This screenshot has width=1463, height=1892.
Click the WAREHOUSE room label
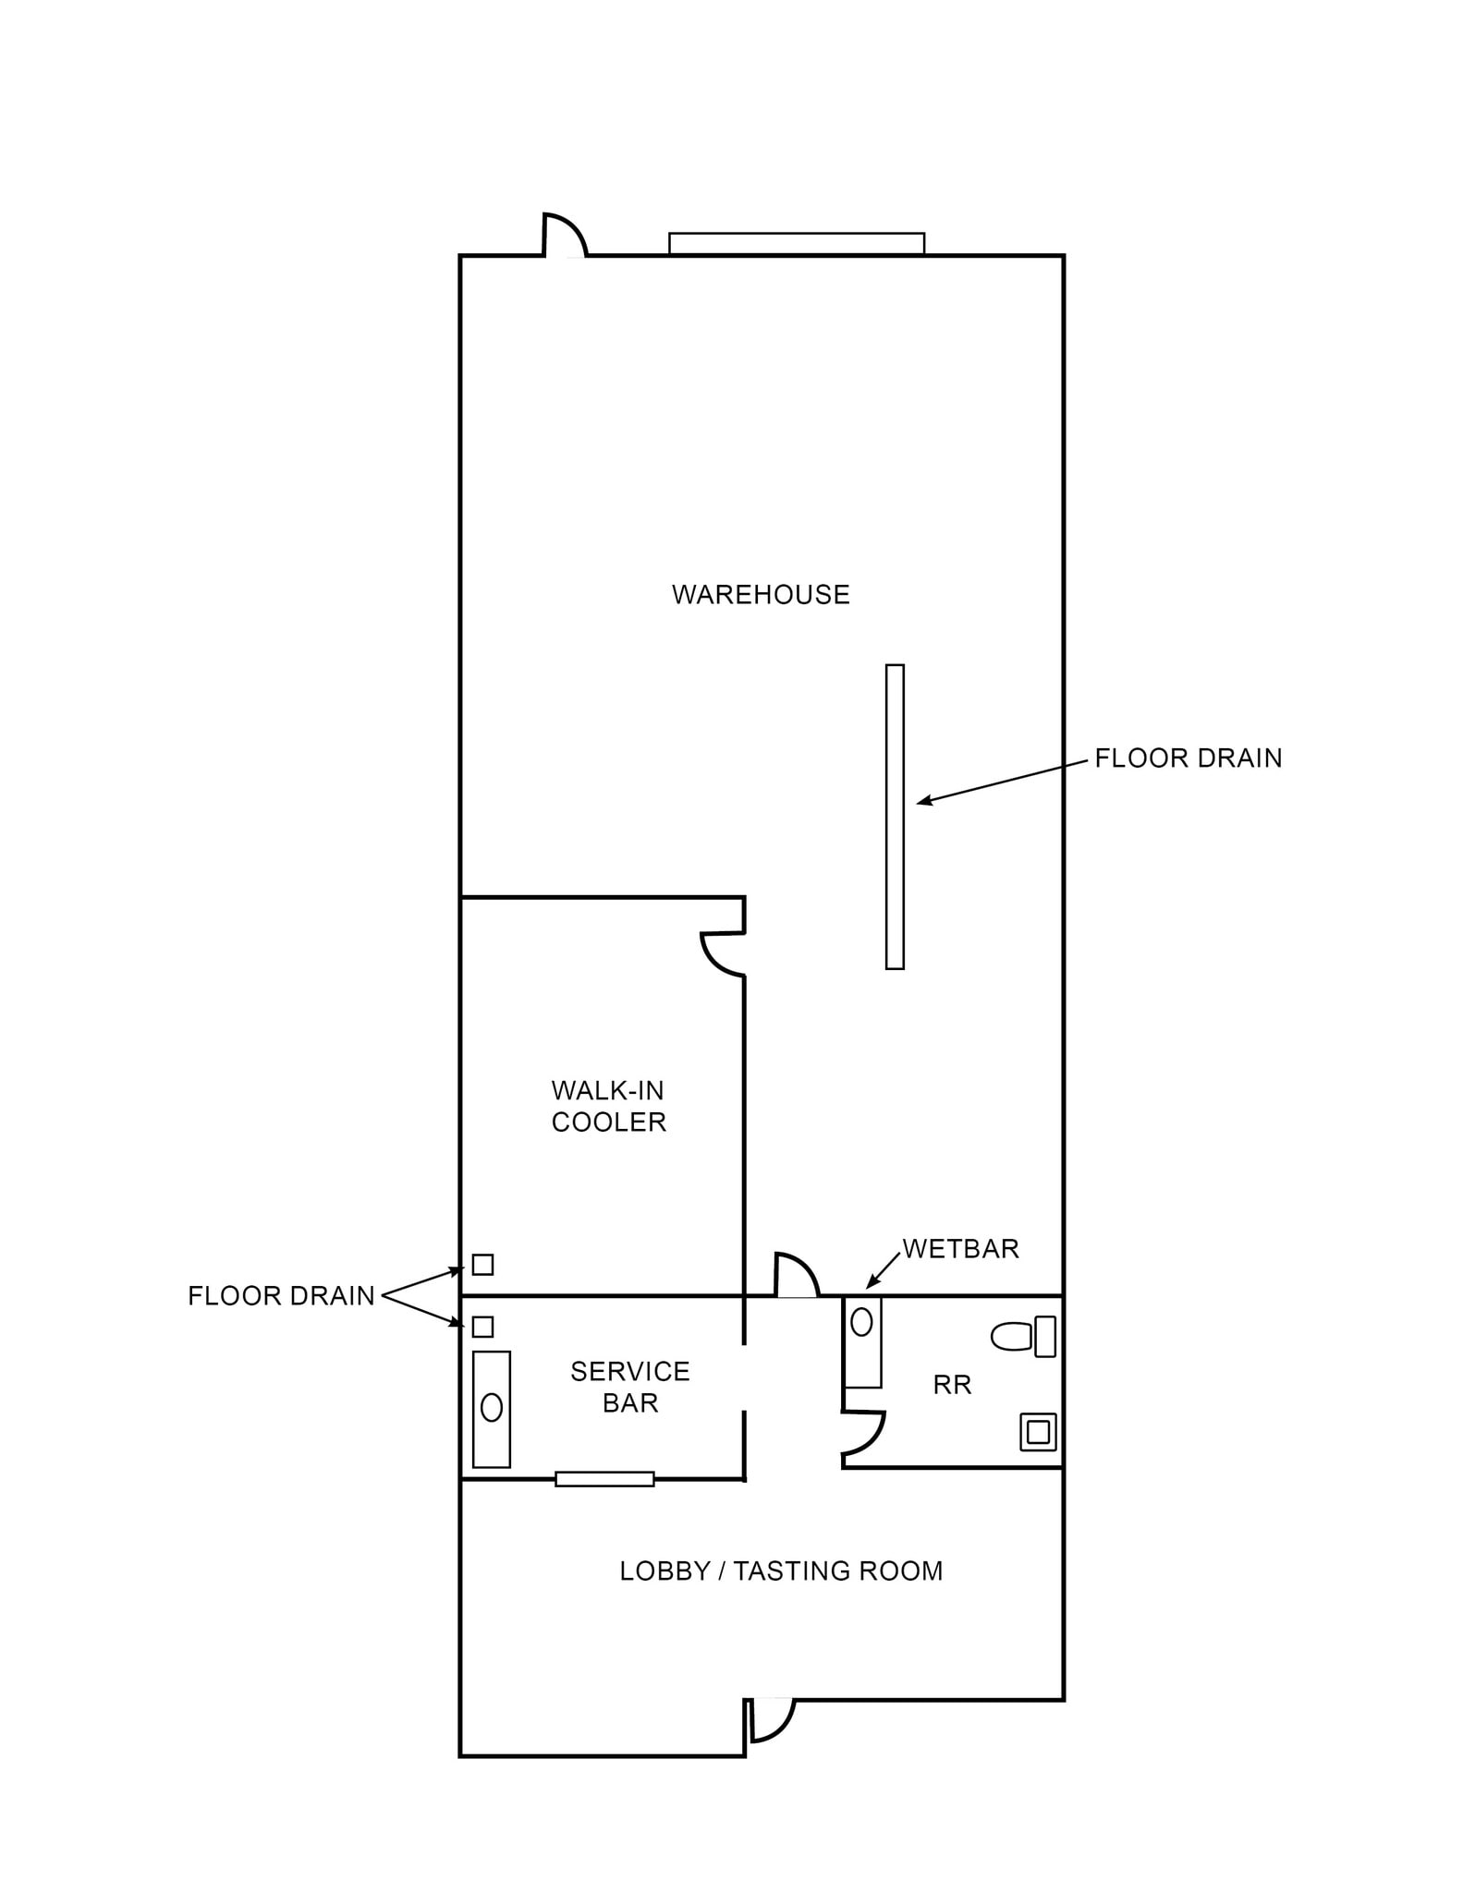coord(760,594)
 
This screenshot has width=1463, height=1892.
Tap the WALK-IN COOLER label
coord(608,1106)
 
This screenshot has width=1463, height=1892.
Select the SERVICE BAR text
coord(629,1387)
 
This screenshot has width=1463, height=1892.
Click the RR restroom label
coord(952,1385)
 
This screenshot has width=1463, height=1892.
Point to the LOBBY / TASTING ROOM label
coord(781,1571)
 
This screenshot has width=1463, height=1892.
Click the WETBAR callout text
coord(960,1249)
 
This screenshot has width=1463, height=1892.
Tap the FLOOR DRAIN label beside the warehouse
coord(1188,758)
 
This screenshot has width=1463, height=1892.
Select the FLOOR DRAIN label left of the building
coord(281,1296)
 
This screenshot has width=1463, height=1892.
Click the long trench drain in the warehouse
coord(894,817)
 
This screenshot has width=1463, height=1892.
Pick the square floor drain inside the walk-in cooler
coord(482,1264)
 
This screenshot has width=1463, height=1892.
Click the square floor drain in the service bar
coord(482,1327)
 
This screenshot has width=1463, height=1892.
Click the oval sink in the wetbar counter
coord(861,1322)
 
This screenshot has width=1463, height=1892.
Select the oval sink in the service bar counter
coord(492,1407)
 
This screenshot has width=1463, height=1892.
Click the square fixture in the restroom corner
coord(1038,1432)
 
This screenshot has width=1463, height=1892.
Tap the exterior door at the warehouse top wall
coord(564,236)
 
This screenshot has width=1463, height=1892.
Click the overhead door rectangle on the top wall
coord(796,243)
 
